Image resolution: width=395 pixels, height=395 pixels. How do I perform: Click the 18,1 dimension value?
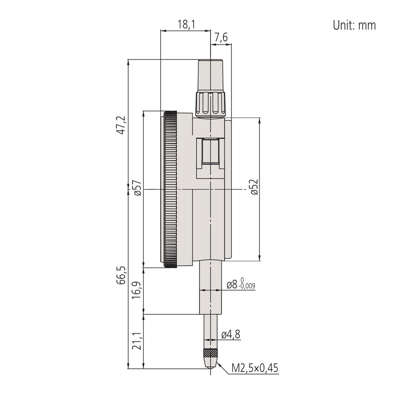[186, 25]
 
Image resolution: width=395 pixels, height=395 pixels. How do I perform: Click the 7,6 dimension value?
[221, 38]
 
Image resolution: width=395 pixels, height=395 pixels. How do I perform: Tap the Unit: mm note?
[354, 25]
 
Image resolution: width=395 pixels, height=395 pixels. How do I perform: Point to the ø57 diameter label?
[138, 188]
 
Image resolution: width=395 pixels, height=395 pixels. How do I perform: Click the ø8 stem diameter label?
[233, 285]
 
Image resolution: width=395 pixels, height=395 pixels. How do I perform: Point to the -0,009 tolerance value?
[247, 286]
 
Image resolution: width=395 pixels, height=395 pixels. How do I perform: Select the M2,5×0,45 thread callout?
[255, 368]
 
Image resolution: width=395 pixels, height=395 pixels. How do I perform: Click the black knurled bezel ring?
[170, 189]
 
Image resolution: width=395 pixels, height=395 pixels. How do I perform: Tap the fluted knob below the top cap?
[210, 103]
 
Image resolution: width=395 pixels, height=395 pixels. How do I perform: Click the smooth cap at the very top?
[211, 75]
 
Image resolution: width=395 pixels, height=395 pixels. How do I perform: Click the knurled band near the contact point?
[210, 353]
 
